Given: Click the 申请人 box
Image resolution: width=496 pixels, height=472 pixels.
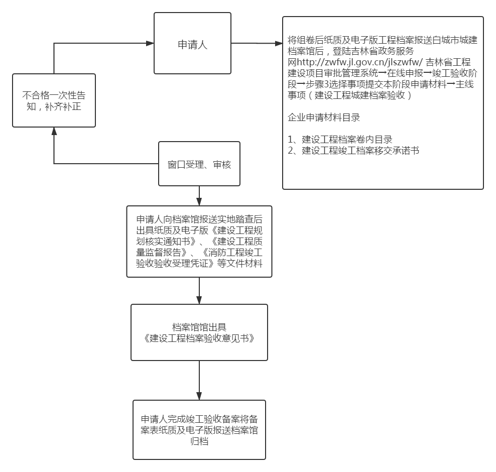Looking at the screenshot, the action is click(x=192, y=43).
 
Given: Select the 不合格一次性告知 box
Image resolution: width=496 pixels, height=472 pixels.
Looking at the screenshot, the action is click(x=54, y=100).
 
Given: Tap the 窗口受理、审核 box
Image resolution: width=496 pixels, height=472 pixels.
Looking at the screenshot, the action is click(x=199, y=164).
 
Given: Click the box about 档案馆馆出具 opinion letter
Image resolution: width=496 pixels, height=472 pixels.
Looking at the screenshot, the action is click(x=199, y=332).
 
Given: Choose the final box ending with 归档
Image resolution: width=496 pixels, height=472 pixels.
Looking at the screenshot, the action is click(x=199, y=430).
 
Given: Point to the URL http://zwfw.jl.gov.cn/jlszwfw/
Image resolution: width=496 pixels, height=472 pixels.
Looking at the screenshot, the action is click(x=359, y=62).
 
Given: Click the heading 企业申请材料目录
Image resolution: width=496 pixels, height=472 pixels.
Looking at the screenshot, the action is click(x=324, y=117).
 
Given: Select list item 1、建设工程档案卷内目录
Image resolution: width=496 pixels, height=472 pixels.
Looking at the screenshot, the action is click(x=340, y=139).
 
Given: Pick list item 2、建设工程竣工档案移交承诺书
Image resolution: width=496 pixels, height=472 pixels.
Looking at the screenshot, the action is click(x=353, y=150).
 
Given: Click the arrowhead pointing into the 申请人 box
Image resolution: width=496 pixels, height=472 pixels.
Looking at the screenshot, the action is click(x=150, y=43).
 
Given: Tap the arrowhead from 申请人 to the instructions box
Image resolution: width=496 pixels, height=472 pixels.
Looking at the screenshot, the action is click(x=279, y=43).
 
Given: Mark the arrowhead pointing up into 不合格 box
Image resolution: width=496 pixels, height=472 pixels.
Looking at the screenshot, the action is click(x=54, y=131).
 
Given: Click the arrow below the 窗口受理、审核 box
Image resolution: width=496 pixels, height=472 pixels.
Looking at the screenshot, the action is click(x=199, y=196).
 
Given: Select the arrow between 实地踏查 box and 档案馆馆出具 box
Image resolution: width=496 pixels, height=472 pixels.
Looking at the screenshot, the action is click(x=199, y=291).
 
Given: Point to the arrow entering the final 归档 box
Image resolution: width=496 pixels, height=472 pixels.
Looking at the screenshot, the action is click(x=199, y=380).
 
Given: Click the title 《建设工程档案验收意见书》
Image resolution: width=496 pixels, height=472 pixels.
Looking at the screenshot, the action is click(x=199, y=338).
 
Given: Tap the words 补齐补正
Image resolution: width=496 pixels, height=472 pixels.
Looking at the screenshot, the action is click(x=63, y=106).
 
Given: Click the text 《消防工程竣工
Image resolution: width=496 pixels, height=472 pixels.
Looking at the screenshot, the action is click(x=231, y=252).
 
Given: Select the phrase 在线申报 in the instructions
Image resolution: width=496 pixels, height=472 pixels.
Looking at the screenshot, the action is click(x=405, y=73).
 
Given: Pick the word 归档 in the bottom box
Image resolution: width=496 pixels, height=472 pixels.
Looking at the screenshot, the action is click(x=199, y=441).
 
